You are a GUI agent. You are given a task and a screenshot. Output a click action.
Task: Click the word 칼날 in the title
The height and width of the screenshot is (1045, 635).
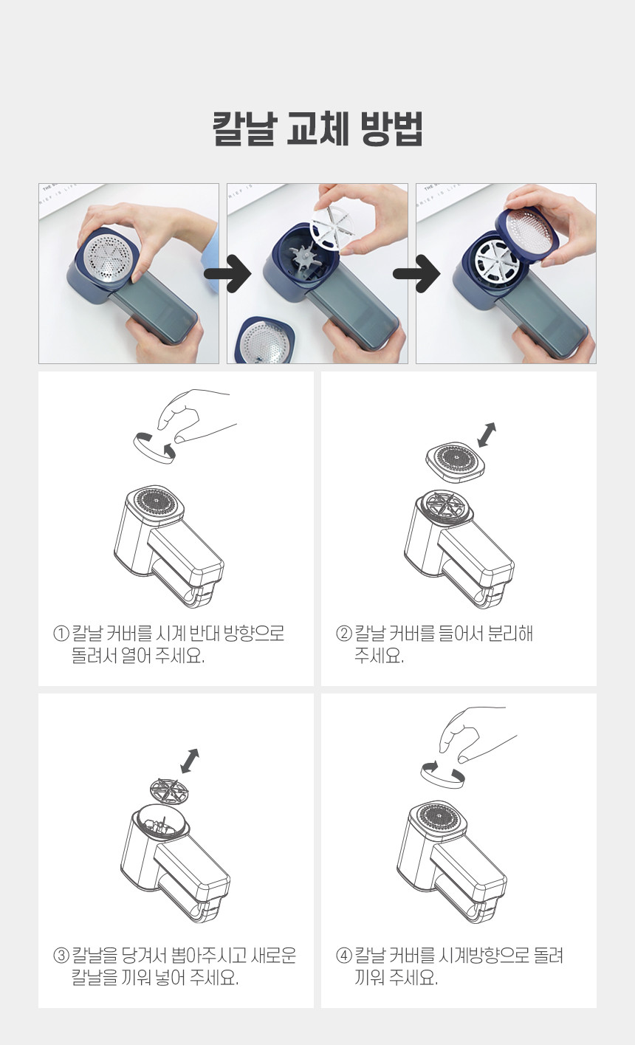pyautogui.click(x=245, y=129)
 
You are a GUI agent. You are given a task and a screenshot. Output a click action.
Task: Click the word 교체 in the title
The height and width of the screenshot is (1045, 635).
pyautogui.click(x=317, y=129)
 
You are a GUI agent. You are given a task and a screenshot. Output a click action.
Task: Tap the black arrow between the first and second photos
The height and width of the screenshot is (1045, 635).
pyautogui.click(x=228, y=274)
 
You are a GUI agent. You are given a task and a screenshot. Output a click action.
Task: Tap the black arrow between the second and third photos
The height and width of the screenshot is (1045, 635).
pyautogui.click(x=416, y=274)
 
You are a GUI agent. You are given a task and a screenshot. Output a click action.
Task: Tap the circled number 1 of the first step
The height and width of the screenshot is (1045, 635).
pyautogui.click(x=61, y=634)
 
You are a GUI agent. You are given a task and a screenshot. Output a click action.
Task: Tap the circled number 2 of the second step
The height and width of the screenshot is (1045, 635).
pyautogui.click(x=344, y=634)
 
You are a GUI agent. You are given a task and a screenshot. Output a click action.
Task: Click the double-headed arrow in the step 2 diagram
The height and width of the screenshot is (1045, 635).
pyautogui.click(x=487, y=435)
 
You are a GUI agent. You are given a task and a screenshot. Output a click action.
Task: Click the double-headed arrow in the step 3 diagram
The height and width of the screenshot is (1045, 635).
pyautogui.click(x=190, y=761)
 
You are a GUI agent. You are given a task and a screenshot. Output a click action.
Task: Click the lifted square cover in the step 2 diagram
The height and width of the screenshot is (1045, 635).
pyautogui.click(x=456, y=462)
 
